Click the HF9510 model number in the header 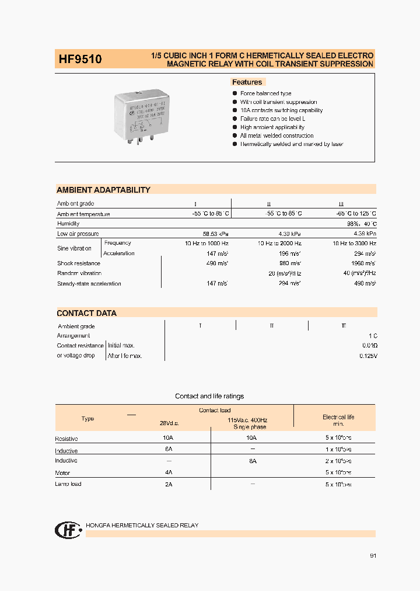(x=80, y=60)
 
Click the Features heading (x=247, y=82)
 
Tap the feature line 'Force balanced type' (x=265, y=93)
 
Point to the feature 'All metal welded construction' (x=276, y=135)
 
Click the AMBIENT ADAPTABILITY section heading (x=103, y=190)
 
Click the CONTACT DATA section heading (x=86, y=313)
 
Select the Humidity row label (x=68, y=224)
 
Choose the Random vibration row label (x=79, y=273)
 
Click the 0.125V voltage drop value (x=367, y=356)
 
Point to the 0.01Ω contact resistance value (x=369, y=346)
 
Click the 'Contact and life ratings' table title (x=209, y=396)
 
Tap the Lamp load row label (x=68, y=484)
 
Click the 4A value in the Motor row (x=169, y=472)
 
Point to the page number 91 (x=373, y=555)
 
